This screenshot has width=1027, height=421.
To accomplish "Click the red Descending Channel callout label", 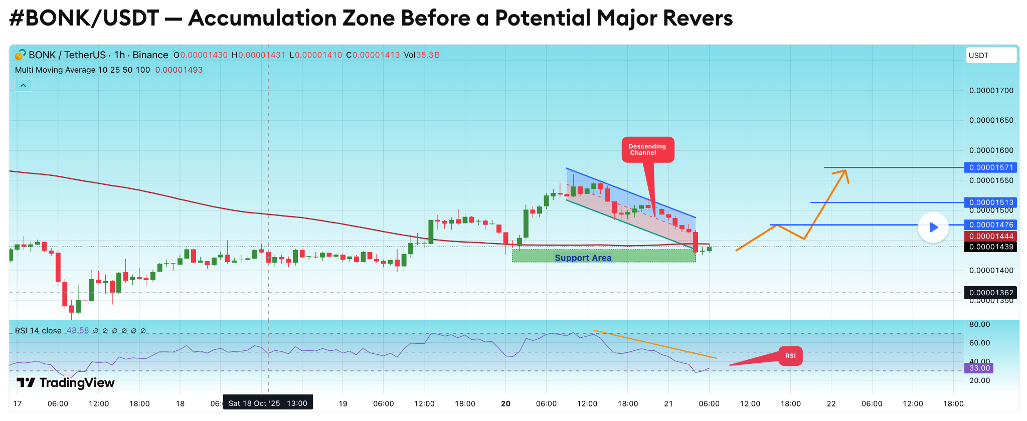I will [647, 149].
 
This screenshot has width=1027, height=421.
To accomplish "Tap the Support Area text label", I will [583, 258].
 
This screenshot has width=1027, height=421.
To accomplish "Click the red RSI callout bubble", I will [790, 356].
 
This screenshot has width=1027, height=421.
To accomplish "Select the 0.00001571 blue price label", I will [991, 167].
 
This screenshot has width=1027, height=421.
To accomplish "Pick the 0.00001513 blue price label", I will [991, 202].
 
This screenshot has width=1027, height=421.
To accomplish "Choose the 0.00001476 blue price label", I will [991, 225].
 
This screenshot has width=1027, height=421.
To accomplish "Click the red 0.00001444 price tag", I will [991, 237].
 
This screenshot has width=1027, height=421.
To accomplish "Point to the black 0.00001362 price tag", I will [991, 293].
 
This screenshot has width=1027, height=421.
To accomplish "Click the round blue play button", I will [933, 228].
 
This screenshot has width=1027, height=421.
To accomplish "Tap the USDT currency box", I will [991, 55].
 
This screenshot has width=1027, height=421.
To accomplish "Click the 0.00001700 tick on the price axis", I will [991, 91].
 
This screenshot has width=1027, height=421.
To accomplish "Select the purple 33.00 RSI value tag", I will [979, 368].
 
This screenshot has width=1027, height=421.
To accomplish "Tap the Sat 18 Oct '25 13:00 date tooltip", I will [268, 403].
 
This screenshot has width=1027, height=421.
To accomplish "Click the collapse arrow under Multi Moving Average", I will [23, 86].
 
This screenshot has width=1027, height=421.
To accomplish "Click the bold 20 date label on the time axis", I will [505, 403].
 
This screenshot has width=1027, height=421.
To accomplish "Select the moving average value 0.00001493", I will [179, 70].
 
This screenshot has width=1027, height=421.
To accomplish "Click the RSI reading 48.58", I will [78, 331].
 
